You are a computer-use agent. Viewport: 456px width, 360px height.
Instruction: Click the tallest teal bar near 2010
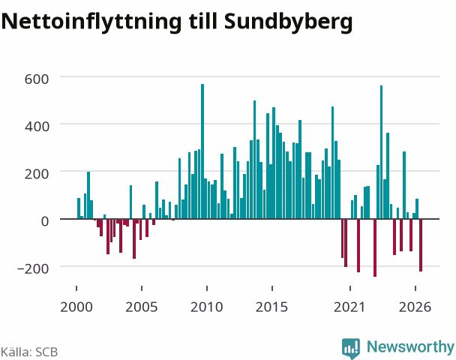tap(202, 151)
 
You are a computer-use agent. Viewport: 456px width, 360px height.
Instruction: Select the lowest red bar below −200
tap(375, 247)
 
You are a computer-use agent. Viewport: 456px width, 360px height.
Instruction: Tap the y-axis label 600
tap(37, 79)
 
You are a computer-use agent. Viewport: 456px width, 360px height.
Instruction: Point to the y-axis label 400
tap(37, 127)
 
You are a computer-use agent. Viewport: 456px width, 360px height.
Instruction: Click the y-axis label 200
tap(37, 174)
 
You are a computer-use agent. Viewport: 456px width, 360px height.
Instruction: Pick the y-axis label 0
tap(45, 221)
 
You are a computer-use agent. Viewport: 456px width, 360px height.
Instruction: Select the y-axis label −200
tap(33, 268)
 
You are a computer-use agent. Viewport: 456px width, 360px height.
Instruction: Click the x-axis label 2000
tap(76, 307)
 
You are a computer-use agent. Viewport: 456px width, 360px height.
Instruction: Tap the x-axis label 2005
tap(142, 307)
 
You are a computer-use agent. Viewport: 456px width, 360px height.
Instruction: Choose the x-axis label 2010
tap(207, 307)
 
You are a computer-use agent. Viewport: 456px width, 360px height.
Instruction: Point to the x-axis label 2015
tap(272, 307)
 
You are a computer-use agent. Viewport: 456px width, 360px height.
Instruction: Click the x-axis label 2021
tap(349, 307)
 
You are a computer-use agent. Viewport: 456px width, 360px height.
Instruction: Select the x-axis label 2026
tap(415, 307)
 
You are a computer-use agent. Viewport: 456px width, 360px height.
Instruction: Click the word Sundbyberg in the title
tap(289, 22)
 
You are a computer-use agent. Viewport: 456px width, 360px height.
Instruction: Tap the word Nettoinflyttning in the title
tap(91, 22)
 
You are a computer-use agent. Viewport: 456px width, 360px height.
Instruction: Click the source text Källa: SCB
tap(29, 352)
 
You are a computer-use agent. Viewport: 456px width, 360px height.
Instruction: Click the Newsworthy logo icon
tap(351, 348)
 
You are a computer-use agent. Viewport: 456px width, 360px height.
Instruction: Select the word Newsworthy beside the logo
tap(410, 347)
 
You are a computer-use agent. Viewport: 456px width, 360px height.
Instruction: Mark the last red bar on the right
tap(421, 245)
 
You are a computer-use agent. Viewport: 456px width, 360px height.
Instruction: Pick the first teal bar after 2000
tap(79, 208)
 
